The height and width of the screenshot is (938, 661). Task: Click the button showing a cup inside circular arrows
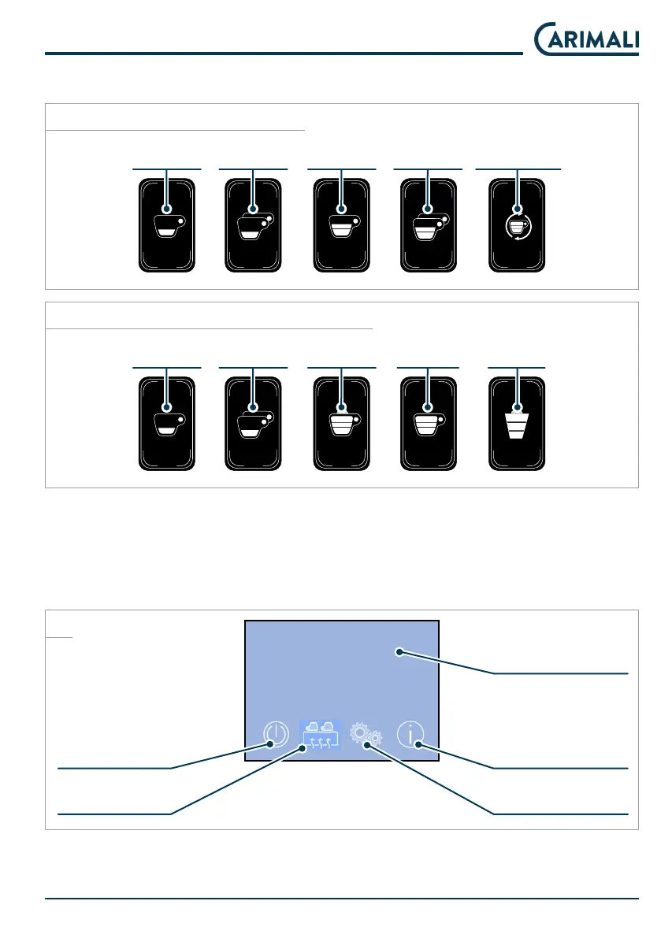pyautogui.click(x=517, y=225)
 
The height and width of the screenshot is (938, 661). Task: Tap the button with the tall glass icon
pyautogui.click(x=517, y=425)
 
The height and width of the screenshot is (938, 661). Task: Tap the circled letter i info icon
pyautogui.click(x=410, y=735)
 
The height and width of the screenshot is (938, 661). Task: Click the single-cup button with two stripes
pyautogui.click(x=341, y=225)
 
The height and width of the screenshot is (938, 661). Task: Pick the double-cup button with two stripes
pyautogui.click(x=429, y=225)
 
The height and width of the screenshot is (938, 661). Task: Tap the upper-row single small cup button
pyautogui.click(x=166, y=225)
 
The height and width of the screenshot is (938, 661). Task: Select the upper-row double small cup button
pyautogui.click(x=254, y=225)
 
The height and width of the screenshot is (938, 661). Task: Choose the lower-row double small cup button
pyautogui.click(x=254, y=425)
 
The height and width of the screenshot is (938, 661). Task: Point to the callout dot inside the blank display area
pyautogui.click(x=400, y=652)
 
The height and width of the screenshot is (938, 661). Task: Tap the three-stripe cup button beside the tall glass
pyautogui.click(x=429, y=425)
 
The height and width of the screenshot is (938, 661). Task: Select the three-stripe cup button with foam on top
pyautogui.click(x=341, y=425)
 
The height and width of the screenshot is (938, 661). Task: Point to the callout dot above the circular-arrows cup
pyautogui.click(x=517, y=209)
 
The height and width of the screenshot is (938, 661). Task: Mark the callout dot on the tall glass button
pyautogui.click(x=517, y=408)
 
